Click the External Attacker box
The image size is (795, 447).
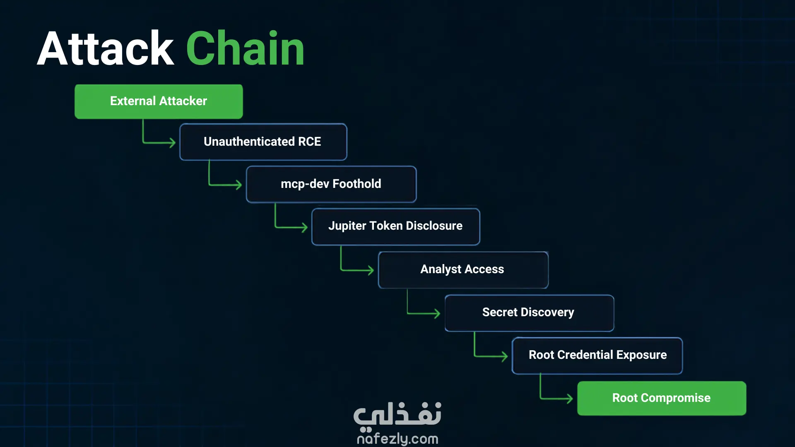tap(159, 101)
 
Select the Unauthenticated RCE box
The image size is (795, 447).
tap(263, 142)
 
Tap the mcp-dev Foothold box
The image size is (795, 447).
tap(331, 184)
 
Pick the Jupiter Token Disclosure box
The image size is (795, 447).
tap(396, 227)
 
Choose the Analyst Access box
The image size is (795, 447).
tap(463, 270)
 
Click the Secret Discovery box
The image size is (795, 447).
tap(529, 313)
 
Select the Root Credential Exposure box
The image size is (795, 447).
tap(597, 356)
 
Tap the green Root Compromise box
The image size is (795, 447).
tap(662, 398)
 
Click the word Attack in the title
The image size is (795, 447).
tap(106, 48)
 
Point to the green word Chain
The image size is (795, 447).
tap(245, 48)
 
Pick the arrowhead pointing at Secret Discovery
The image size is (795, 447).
tap(436, 313)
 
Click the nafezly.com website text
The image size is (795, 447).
tap(397, 438)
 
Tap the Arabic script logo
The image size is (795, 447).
tap(397, 415)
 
